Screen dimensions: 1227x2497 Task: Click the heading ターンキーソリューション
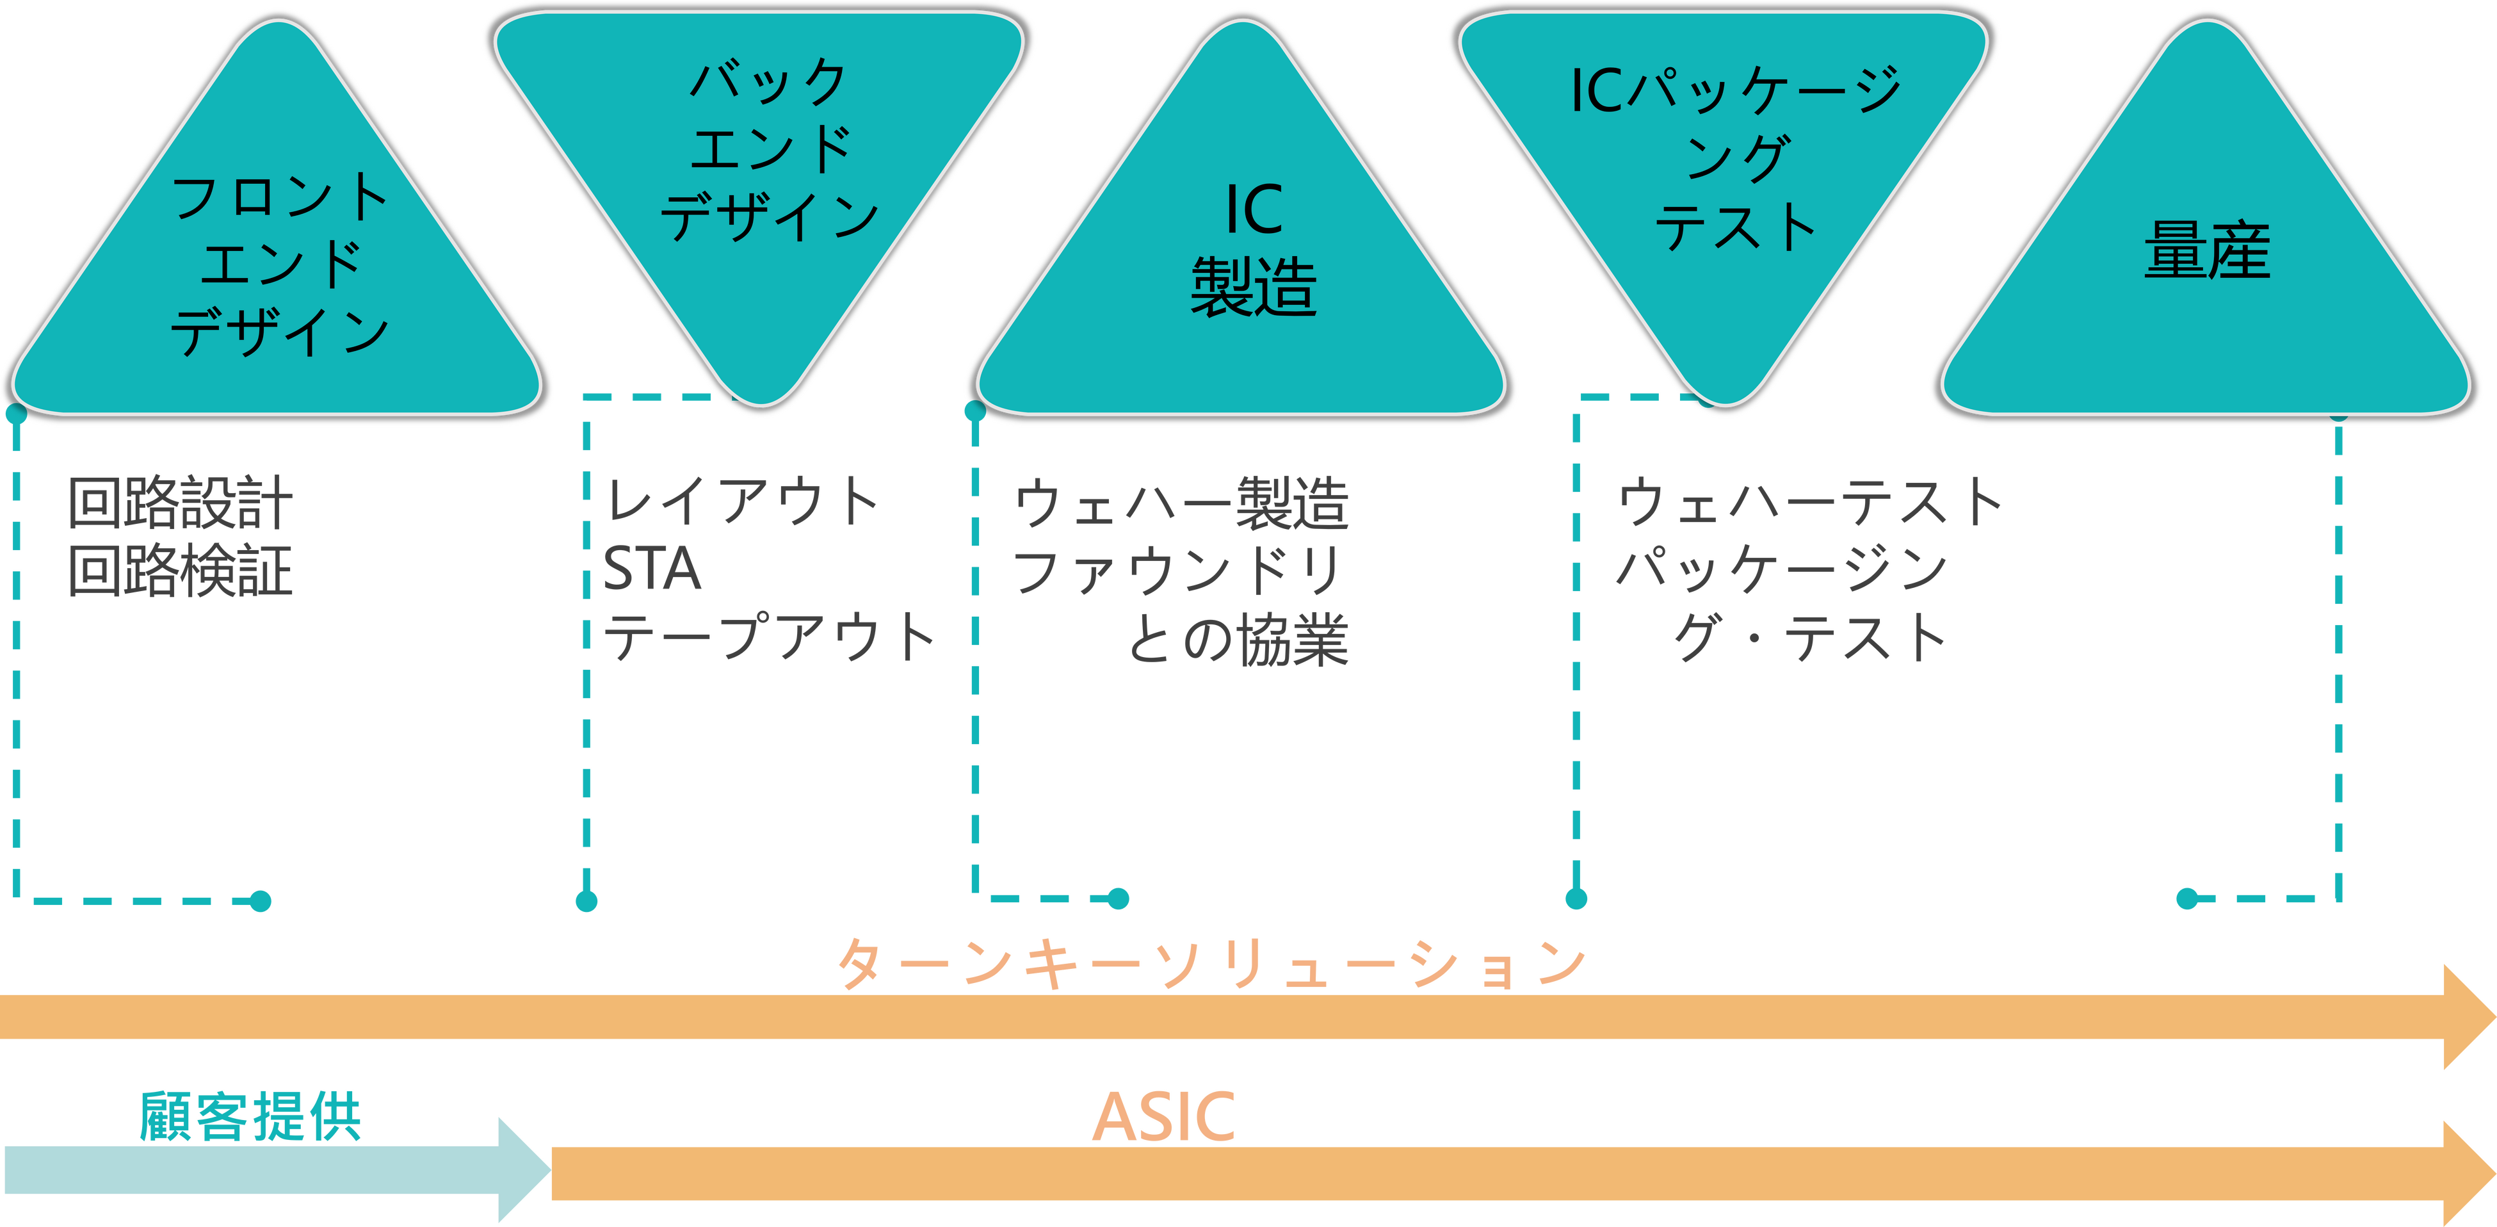[1211, 964]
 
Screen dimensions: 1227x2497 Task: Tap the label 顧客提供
[250, 1116]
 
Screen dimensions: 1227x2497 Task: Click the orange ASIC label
[1164, 1116]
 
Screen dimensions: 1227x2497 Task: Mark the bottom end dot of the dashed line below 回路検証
[260, 901]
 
